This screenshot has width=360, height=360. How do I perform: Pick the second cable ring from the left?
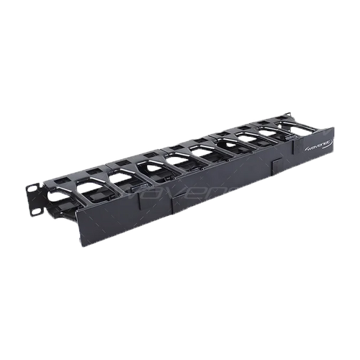(x=94, y=189)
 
